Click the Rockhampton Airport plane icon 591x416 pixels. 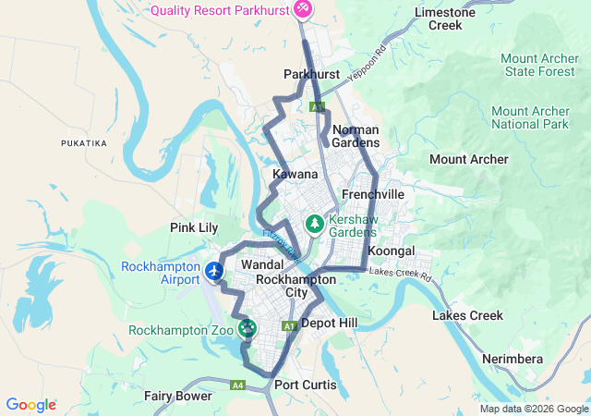pyautogui.click(x=215, y=271)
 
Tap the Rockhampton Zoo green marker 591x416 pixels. pyautogui.click(x=247, y=327)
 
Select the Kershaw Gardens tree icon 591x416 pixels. pyautogui.click(x=314, y=224)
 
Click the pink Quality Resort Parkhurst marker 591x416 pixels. pyautogui.click(x=303, y=10)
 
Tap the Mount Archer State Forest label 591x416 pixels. pyautogui.click(x=539, y=66)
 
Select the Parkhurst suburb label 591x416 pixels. pyautogui.click(x=311, y=74)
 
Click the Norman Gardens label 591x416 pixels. pyautogui.click(x=356, y=136)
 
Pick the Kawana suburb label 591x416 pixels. pyautogui.click(x=295, y=174)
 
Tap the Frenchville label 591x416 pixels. pyautogui.click(x=373, y=195)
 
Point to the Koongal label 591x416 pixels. pyautogui.click(x=391, y=251)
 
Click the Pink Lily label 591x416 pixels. pyautogui.click(x=194, y=227)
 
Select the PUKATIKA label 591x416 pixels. pyautogui.click(x=84, y=143)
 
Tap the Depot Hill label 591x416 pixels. pyautogui.click(x=329, y=323)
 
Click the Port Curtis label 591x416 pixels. pyautogui.click(x=306, y=385)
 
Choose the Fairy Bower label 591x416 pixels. pyautogui.click(x=177, y=396)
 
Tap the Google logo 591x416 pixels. pyautogui.click(x=30, y=405)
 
